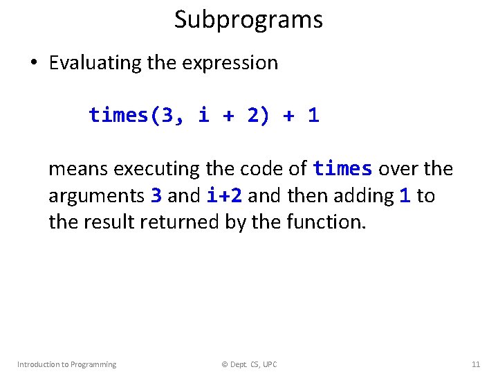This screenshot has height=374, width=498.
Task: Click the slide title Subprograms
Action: tap(248, 19)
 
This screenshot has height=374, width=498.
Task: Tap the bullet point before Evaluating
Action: tap(33, 64)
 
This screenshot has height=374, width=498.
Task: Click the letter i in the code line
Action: tap(203, 115)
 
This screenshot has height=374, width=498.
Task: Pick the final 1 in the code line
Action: tap(313, 115)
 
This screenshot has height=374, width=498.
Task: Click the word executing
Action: tap(157, 169)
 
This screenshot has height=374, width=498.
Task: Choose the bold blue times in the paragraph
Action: tap(342, 169)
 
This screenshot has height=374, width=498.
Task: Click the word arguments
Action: tap(97, 196)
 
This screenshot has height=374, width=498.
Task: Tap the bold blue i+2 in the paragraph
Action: tap(224, 196)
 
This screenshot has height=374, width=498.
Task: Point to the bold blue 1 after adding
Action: tap(405, 196)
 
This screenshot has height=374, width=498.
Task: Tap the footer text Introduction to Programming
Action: tap(66, 364)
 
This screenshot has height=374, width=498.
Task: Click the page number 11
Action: tap(475, 364)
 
